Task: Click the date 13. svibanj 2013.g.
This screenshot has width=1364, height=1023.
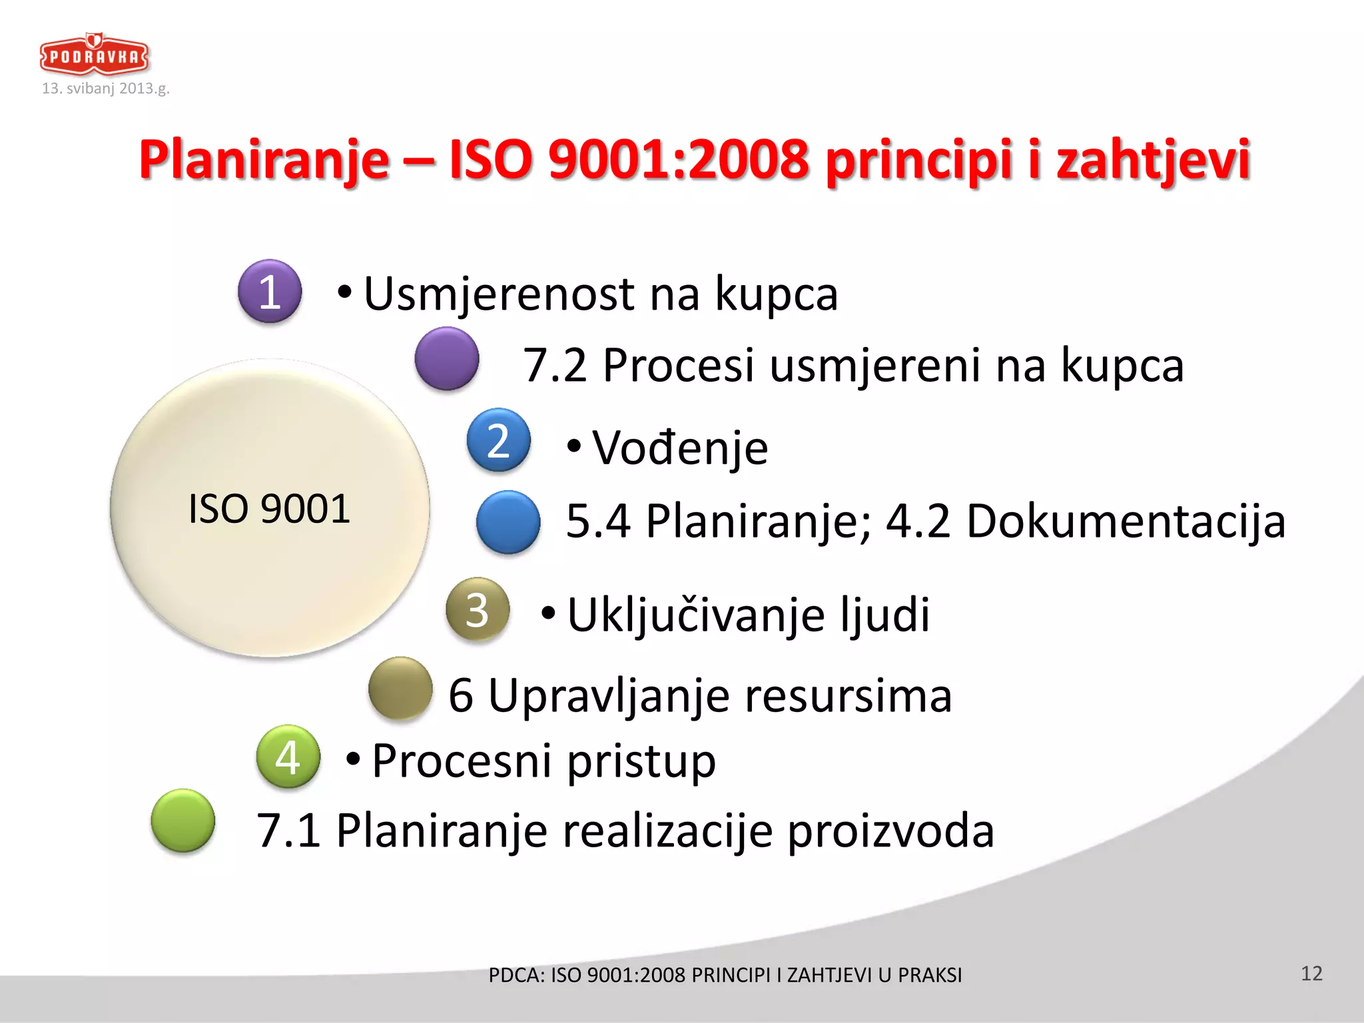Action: pyautogui.click(x=106, y=89)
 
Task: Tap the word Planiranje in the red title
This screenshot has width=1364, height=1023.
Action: pyautogui.click(x=264, y=160)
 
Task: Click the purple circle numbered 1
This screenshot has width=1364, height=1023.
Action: pyautogui.click(x=270, y=292)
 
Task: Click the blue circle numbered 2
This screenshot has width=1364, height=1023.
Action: pyautogui.click(x=498, y=440)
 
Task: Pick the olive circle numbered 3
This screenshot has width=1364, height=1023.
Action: pyautogui.click(x=478, y=609)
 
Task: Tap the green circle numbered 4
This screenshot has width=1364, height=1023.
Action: pyautogui.click(x=288, y=757)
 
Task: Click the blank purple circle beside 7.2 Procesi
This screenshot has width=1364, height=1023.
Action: pyautogui.click(x=446, y=359)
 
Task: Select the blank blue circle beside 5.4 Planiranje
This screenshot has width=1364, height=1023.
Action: pyautogui.click(x=508, y=522)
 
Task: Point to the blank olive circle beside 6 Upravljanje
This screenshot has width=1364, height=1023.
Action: pyautogui.click(x=400, y=689)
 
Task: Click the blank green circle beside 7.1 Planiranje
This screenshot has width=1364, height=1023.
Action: pyautogui.click(x=183, y=821)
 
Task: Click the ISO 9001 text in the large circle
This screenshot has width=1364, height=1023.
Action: pyautogui.click(x=269, y=509)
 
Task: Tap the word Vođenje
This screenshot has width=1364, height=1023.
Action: pyautogui.click(x=680, y=448)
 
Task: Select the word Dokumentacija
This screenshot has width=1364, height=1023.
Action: pyautogui.click(x=1126, y=521)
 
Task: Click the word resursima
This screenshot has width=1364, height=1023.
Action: pyautogui.click(x=848, y=695)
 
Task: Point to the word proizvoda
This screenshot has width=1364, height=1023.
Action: pyautogui.click(x=890, y=831)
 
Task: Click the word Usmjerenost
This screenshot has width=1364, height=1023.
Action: pyautogui.click(x=499, y=294)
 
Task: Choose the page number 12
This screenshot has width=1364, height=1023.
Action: pyautogui.click(x=1311, y=974)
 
